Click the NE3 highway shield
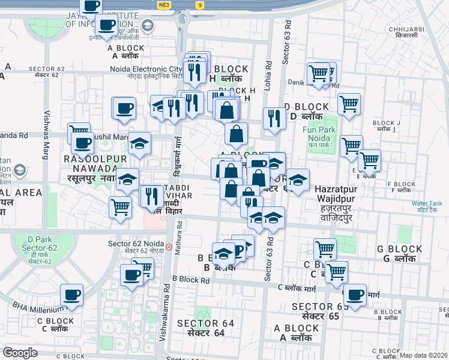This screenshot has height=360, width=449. click(x=164, y=5)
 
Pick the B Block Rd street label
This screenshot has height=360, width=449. click(x=191, y=279)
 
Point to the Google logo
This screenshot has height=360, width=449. click(x=20, y=353)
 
